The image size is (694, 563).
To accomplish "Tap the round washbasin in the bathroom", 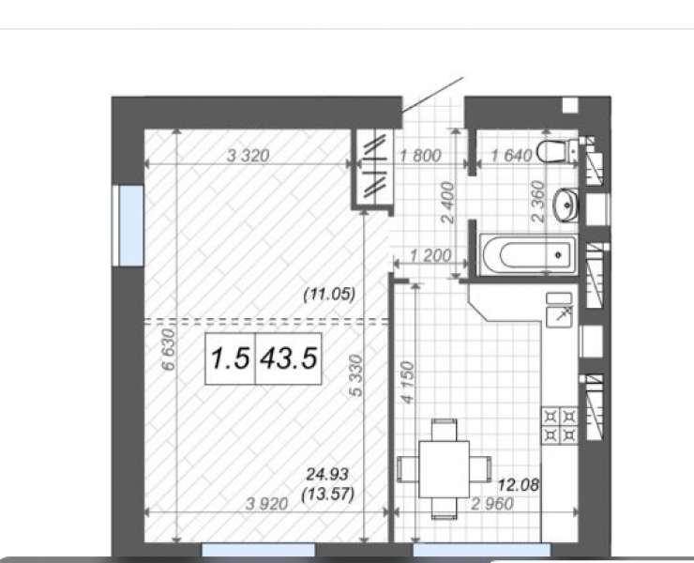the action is click(566, 205).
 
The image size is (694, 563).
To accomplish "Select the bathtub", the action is click(528, 254).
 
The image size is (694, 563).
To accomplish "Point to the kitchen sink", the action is click(560, 310).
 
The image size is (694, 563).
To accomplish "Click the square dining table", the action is click(444, 469).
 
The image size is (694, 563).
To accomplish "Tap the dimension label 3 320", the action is click(248, 156).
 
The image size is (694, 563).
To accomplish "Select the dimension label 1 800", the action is click(420, 156).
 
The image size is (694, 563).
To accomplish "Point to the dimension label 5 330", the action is click(355, 375).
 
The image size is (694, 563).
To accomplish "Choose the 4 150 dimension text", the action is click(407, 383).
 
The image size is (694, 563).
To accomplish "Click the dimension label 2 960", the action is click(492, 504).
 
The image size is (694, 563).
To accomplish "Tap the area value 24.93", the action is click(327, 475).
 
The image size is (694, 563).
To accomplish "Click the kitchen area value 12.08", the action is click(519, 485).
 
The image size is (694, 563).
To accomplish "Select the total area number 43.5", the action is click(289, 358).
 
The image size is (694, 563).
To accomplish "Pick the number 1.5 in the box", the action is click(230, 358).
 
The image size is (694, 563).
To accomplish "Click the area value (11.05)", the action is click(329, 294).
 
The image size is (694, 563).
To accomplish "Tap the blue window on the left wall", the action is click(131, 225).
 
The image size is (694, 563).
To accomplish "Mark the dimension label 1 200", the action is click(430, 255).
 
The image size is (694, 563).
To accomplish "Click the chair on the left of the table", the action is click(408, 469).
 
